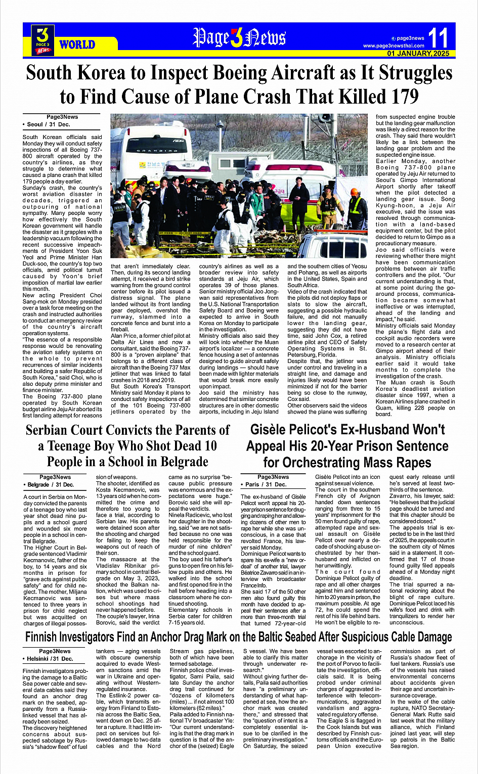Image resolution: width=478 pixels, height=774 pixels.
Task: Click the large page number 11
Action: tap(438, 38)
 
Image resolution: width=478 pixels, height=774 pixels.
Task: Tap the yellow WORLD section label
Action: tap(77, 44)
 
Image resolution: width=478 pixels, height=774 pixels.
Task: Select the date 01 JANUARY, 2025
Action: tap(418, 54)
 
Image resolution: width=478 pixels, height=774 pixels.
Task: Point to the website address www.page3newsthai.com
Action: tap(394, 46)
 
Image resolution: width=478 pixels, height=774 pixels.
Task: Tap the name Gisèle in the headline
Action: tap(273, 430)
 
